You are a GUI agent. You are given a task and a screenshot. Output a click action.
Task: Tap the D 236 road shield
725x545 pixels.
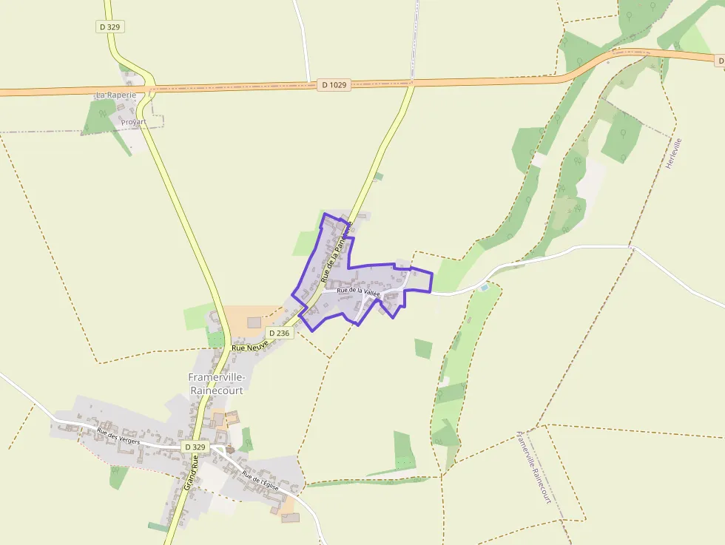[x=280, y=334]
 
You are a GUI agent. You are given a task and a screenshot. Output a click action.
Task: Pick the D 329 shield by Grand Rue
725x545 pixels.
[x=195, y=447]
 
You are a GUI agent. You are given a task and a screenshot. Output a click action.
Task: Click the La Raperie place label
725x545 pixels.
[x=116, y=95]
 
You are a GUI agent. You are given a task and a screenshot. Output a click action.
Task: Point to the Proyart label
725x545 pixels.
[x=133, y=122]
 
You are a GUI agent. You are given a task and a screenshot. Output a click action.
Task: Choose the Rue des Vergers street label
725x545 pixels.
[x=118, y=436]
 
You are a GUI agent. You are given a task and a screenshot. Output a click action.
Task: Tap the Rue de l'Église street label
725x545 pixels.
[x=260, y=481]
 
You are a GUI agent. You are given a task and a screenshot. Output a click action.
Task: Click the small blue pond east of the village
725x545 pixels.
[x=484, y=286]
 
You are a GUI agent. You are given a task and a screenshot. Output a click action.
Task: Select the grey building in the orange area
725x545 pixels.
[x=254, y=322]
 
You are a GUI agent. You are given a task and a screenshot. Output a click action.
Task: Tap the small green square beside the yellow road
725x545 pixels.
[x=379, y=177]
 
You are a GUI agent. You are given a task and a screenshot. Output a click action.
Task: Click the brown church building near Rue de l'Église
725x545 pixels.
[x=230, y=448]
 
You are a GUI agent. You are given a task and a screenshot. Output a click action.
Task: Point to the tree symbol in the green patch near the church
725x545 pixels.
[x=247, y=441]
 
